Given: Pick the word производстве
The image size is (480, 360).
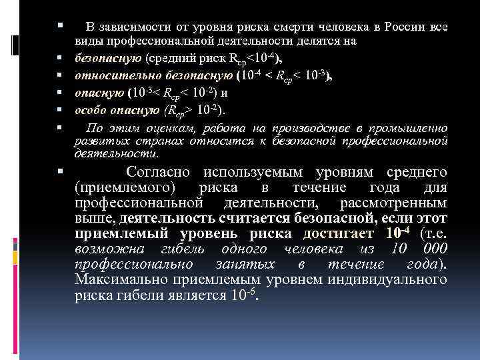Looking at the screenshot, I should (x=320, y=127).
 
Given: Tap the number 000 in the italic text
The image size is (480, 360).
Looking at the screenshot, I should (x=430, y=249).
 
